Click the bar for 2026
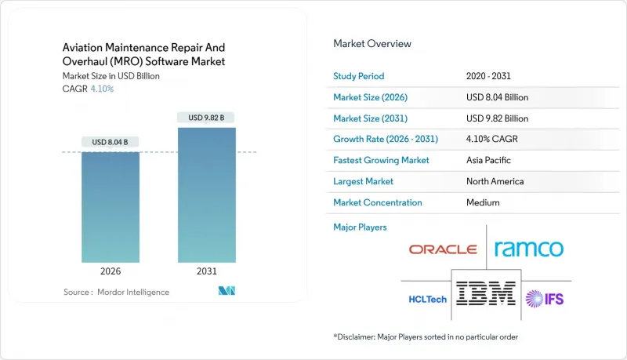(111, 207)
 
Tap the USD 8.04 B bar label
(111, 142)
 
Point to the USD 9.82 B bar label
(206, 118)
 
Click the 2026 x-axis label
(111, 272)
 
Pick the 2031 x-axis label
(206, 272)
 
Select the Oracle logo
(443, 249)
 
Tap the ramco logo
(529, 249)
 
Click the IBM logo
(486, 293)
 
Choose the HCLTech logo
(428, 298)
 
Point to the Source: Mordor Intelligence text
(116, 292)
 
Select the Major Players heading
(360, 227)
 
